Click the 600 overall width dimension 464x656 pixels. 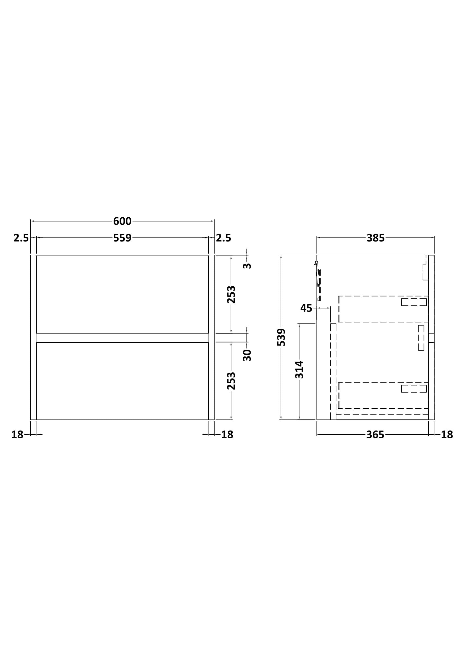pyautogui.click(x=122, y=221)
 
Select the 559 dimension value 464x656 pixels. pyautogui.click(x=122, y=238)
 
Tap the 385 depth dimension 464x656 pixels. pyautogui.click(x=376, y=238)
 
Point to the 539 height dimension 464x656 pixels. pyautogui.click(x=281, y=337)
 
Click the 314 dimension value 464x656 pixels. pyautogui.click(x=299, y=370)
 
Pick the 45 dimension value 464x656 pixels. pyautogui.click(x=306, y=308)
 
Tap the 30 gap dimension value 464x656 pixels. pyautogui.click(x=247, y=355)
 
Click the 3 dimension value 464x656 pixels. pyautogui.click(x=247, y=266)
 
